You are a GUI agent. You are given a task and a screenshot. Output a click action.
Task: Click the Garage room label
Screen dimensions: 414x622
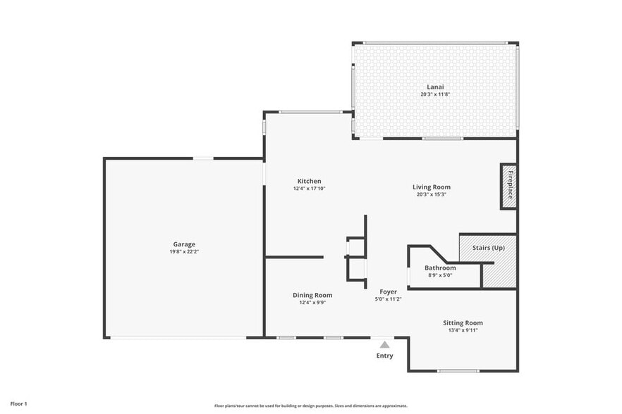coord(185,244)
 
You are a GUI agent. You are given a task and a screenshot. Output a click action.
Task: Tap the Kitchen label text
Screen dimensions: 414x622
coord(309,182)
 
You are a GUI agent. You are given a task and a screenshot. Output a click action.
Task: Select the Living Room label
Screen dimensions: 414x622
coord(431,187)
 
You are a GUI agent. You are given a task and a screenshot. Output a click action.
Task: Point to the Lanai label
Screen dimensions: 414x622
coord(435,87)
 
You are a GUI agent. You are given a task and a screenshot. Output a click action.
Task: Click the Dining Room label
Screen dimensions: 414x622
coord(312,295)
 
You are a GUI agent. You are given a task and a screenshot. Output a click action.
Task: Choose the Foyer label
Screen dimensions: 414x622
coord(388,291)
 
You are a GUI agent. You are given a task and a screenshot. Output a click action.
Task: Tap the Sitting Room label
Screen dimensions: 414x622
coord(463,322)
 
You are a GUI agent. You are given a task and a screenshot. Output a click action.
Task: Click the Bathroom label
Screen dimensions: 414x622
coord(440,268)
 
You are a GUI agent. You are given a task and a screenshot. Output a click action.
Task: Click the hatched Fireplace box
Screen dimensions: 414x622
coord(508,187)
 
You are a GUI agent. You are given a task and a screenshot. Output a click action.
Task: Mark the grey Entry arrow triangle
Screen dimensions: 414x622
coord(384,345)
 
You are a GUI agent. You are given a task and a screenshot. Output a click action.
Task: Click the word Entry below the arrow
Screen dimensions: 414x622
coord(384,356)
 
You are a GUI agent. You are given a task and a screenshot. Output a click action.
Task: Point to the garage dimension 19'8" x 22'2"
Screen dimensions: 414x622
coord(185,251)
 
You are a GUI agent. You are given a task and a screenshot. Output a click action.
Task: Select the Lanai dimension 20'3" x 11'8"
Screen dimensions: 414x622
coord(435,94)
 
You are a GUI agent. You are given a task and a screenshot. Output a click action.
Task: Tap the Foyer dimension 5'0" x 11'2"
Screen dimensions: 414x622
coord(388,299)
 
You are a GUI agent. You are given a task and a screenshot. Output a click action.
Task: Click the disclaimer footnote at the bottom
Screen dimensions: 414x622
coord(310,406)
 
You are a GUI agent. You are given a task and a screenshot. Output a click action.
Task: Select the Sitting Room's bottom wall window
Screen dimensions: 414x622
coord(458,370)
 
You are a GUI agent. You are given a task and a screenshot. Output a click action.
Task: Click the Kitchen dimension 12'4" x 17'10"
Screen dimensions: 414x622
coord(309,189)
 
